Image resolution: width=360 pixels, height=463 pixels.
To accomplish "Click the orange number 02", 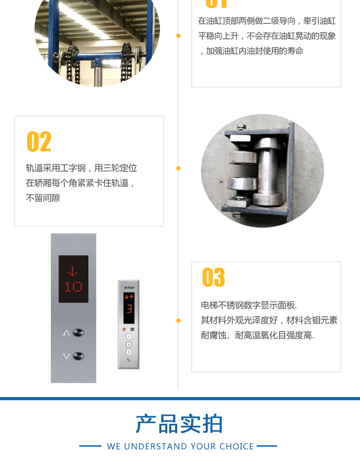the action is tap(39, 141).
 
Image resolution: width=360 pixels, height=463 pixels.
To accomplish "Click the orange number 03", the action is tap(214, 277).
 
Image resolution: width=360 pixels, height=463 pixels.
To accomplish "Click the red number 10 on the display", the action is tap(73, 286).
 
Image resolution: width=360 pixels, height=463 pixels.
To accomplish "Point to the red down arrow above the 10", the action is tap(72, 271).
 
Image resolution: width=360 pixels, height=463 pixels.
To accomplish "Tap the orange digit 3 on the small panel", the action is tap(129, 309).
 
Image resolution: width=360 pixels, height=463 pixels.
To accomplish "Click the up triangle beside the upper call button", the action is tap(66, 333).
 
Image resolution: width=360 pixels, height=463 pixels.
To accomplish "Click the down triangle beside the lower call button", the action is tap(66, 356).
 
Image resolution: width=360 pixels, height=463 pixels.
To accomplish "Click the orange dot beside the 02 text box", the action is tap(178, 168).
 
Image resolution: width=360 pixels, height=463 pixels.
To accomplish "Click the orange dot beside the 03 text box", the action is tap(178, 320).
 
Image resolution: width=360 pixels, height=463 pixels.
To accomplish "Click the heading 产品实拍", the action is tap(179, 424).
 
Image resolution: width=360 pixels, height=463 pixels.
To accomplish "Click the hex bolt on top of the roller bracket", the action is tap(241, 127).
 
